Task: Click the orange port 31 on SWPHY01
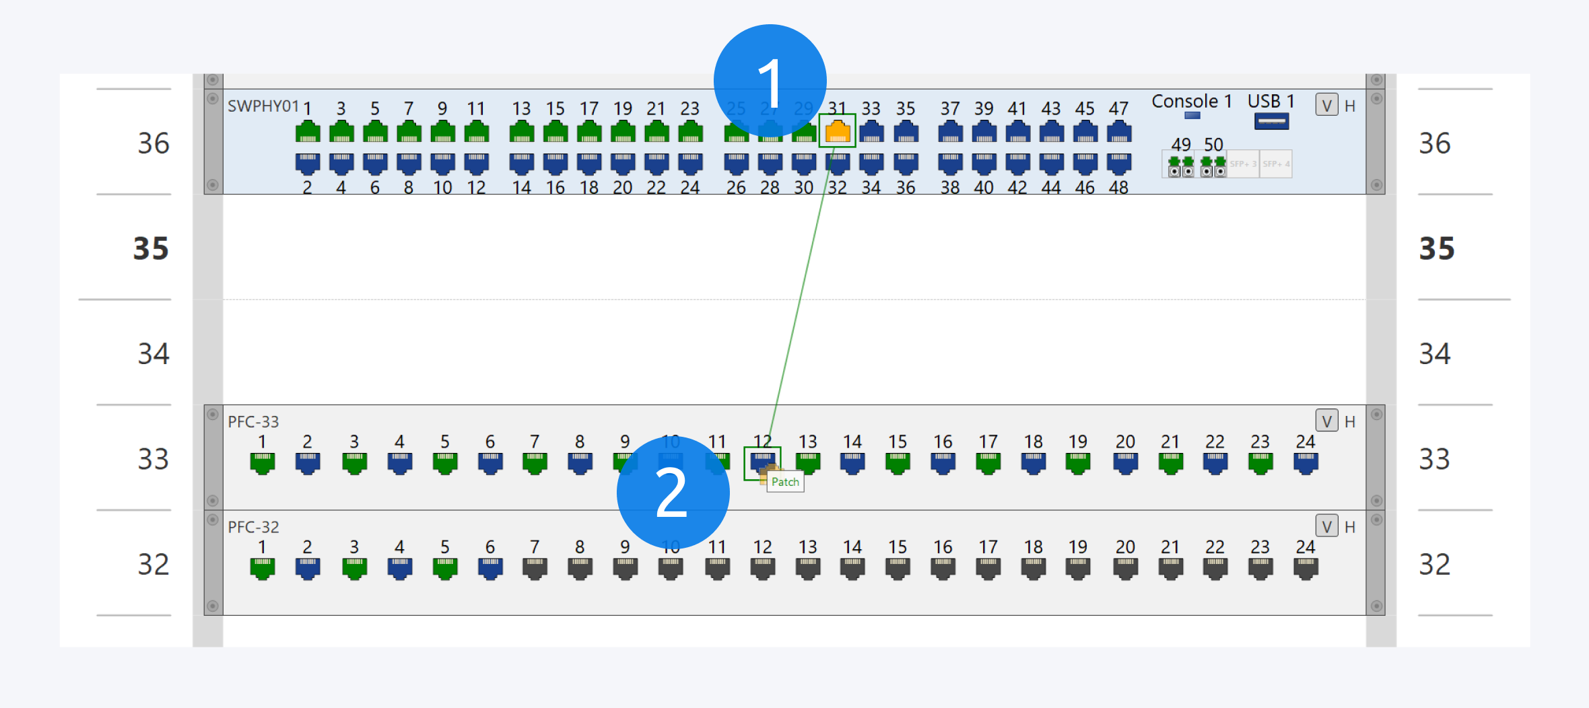pyautogui.click(x=837, y=131)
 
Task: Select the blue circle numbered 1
pyautogui.click(x=770, y=81)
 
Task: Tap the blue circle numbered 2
pyautogui.click(x=673, y=493)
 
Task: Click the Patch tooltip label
pyautogui.click(x=785, y=482)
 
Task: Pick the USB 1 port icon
pyautogui.click(x=1271, y=121)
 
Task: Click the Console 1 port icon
pyautogui.click(x=1192, y=116)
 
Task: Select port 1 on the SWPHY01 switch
pyautogui.click(x=308, y=131)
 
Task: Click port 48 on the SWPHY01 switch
pyautogui.click(x=1118, y=163)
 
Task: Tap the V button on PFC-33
pyautogui.click(x=1326, y=421)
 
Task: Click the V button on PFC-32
pyautogui.click(x=1326, y=526)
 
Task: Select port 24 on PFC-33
pyautogui.click(x=1305, y=463)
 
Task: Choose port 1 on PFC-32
pyautogui.click(x=262, y=569)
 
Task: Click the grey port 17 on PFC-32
pyautogui.click(x=988, y=569)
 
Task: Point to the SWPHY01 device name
pyautogui.click(x=263, y=106)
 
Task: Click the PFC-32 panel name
pyautogui.click(x=253, y=527)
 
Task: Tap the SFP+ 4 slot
pyautogui.click(x=1276, y=164)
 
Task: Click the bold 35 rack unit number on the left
pyautogui.click(x=151, y=248)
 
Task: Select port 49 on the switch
pyautogui.click(x=1181, y=165)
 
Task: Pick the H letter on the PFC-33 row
pyautogui.click(x=1349, y=422)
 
